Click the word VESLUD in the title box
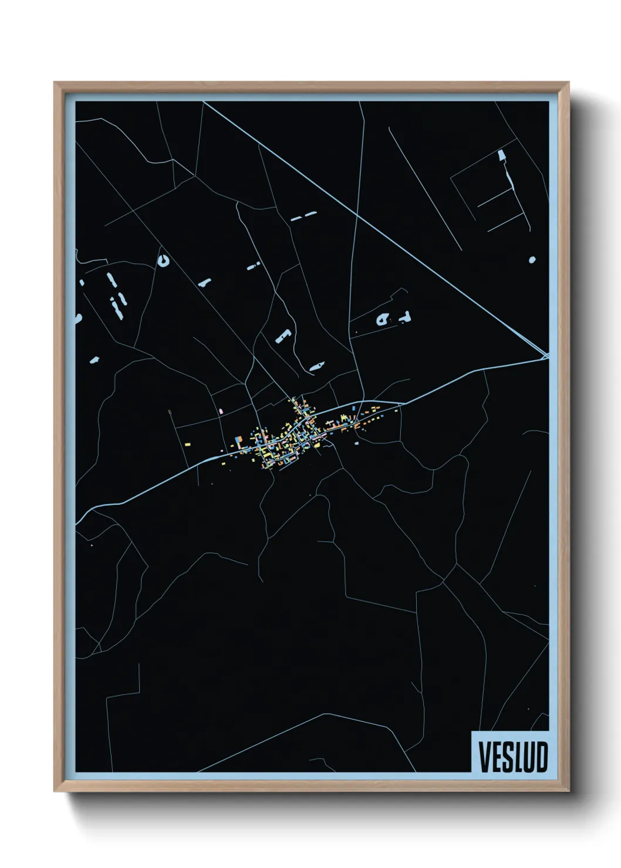pos(512,757)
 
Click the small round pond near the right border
pos(532,259)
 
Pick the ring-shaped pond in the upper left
pos(163,261)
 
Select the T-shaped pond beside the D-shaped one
pos(404,317)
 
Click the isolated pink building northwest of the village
pos(221,411)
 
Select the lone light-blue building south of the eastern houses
pos(356,444)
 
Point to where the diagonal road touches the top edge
pos(204,102)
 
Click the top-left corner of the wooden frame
pos(55,83)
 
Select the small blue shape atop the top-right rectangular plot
pos(501,155)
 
